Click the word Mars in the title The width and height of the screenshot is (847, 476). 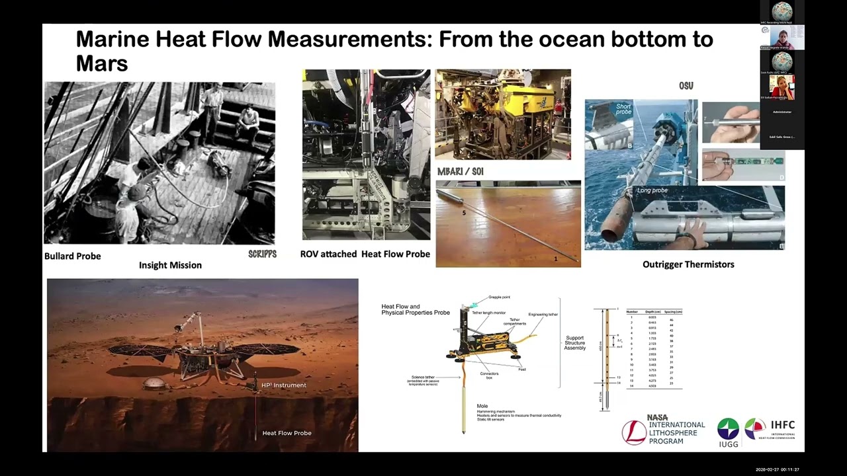(x=101, y=63)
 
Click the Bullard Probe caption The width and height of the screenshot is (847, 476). (x=72, y=256)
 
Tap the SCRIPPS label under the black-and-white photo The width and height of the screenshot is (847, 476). (x=262, y=254)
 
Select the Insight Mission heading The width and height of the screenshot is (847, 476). (x=170, y=265)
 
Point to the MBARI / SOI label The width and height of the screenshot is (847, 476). (x=460, y=172)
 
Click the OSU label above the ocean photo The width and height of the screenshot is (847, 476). (x=686, y=86)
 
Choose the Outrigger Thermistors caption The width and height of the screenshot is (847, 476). (x=688, y=264)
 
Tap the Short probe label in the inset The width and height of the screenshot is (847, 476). (x=623, y=109)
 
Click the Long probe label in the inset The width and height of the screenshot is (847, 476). (x=652, y=190)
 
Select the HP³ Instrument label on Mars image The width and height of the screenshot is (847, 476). (x=283, y=385)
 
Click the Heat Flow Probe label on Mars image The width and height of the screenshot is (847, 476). (x=287, y=433)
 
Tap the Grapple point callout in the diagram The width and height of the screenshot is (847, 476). (x=499, y=297)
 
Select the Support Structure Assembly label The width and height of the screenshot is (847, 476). (x=574, y=342)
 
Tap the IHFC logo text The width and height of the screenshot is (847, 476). (x=782, y=425)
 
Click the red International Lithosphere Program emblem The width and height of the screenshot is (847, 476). (x=634, y=432)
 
